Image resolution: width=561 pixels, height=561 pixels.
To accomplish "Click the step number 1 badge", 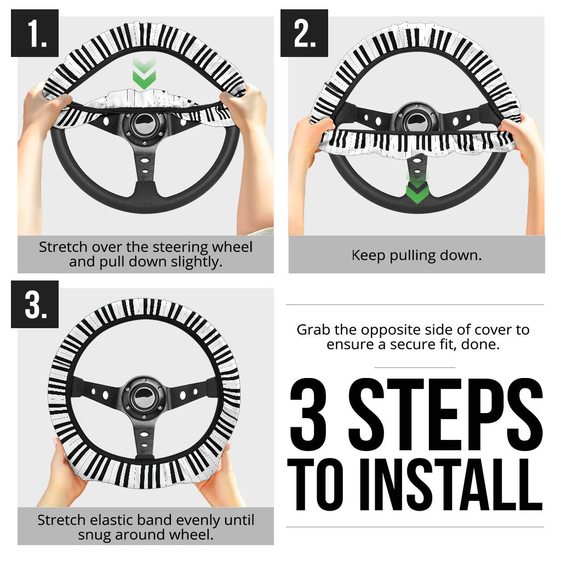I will pyautogui.click(x=35, y=33).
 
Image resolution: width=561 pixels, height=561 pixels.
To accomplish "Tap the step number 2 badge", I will pyautogui.click(x=305, y=33).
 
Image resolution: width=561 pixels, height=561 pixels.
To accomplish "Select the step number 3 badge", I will pyautogui.click(x=35, y=305).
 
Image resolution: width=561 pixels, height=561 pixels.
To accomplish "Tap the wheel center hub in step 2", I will pyautogui.click(x=416, y=121).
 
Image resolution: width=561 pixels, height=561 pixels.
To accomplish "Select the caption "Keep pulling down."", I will pyautogui.click(x=416, y=255).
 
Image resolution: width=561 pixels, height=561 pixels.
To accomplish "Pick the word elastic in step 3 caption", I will pyautogui.click(x=108, y=520).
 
